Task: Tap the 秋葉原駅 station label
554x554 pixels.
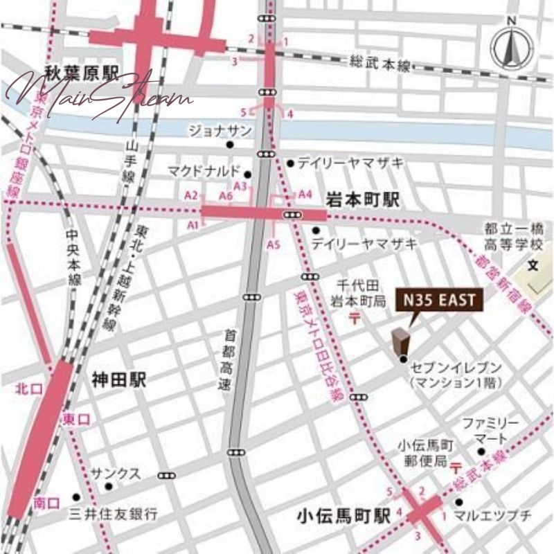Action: pyautogui.click(x=72, y=71)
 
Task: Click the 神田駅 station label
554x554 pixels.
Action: pyautogui.click(x=122, y=379)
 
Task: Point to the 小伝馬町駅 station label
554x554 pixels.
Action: pyautogui.click(x=337, y=515)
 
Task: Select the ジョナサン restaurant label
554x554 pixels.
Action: pyautogui.click(x=220, y=130)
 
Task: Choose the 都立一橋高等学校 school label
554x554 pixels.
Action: pyautogui.click(x=515, y=236)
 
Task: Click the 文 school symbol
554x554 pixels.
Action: pyautogui.click(x=532, y=265)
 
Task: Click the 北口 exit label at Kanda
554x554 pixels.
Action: pyautogui.click(x=25, y=389)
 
